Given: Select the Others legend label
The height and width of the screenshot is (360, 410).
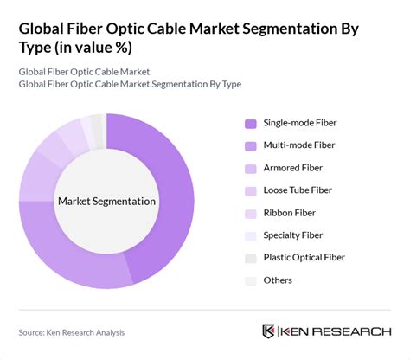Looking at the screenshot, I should pyautogui.click(x=279, y=280).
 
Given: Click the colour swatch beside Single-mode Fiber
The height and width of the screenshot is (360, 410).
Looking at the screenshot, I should pyautogui.click(x=251, y=122).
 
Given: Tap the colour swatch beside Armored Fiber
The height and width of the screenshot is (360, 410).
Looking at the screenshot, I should pyautogui.click(x=251, y=167).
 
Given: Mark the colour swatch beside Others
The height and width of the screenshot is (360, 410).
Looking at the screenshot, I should pyautogui.click(x=251, y=280).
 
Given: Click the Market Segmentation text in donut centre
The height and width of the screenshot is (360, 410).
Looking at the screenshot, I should pyautogui.click(x=106, y=202).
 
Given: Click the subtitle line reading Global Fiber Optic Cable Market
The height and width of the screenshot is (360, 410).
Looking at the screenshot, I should pyautogui.click(x=83, y=71).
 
